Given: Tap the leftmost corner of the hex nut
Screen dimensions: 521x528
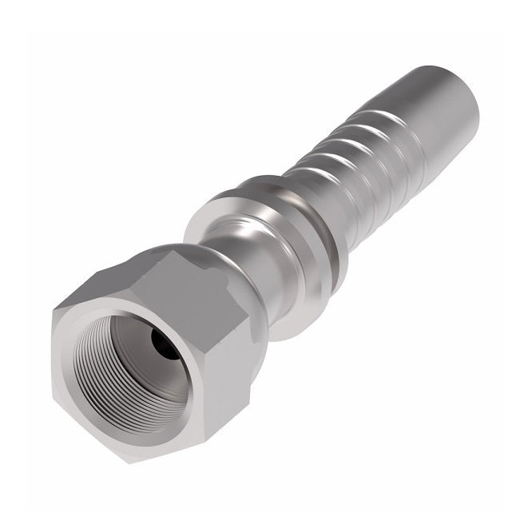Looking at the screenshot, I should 53,316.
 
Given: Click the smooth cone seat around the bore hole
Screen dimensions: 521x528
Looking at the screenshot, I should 144,336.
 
